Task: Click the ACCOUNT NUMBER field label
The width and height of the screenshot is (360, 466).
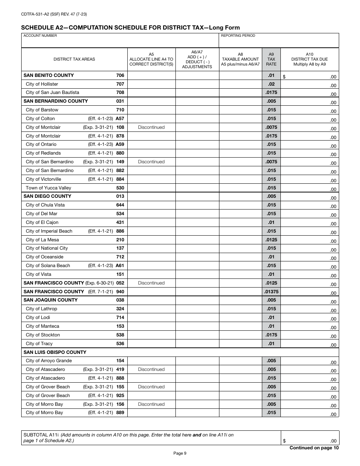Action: pos(40,36)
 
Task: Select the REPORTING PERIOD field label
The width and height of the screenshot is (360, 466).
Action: pos(238,36)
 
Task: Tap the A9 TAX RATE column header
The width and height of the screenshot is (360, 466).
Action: pos(271,59)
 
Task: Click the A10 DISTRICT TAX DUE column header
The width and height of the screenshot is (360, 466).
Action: pos(309,59)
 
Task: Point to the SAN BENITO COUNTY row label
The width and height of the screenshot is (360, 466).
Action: pos(49,75)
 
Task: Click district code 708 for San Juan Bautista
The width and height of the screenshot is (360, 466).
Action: pos(120,92)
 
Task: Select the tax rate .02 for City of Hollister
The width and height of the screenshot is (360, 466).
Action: pos(271,84)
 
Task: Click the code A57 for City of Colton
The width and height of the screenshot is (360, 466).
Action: pos(120,119)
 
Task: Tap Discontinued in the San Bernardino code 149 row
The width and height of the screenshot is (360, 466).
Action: pos(151,162)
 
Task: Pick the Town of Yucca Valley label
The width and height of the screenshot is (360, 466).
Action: pos(48,188)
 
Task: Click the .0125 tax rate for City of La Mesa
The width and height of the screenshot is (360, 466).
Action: pos(271,240)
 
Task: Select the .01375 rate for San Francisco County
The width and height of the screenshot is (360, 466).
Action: pos(271,292)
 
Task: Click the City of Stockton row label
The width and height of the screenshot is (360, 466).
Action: pos(43,335)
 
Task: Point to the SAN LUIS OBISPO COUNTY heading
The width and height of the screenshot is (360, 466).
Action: pos(55,352)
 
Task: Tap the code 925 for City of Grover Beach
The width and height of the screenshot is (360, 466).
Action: pos(120,396)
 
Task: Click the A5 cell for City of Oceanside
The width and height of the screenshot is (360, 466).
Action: pos(151,257)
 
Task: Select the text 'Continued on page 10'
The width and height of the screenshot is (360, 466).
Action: pos(314,448)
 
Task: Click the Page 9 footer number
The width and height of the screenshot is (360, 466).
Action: pos(180,453)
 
